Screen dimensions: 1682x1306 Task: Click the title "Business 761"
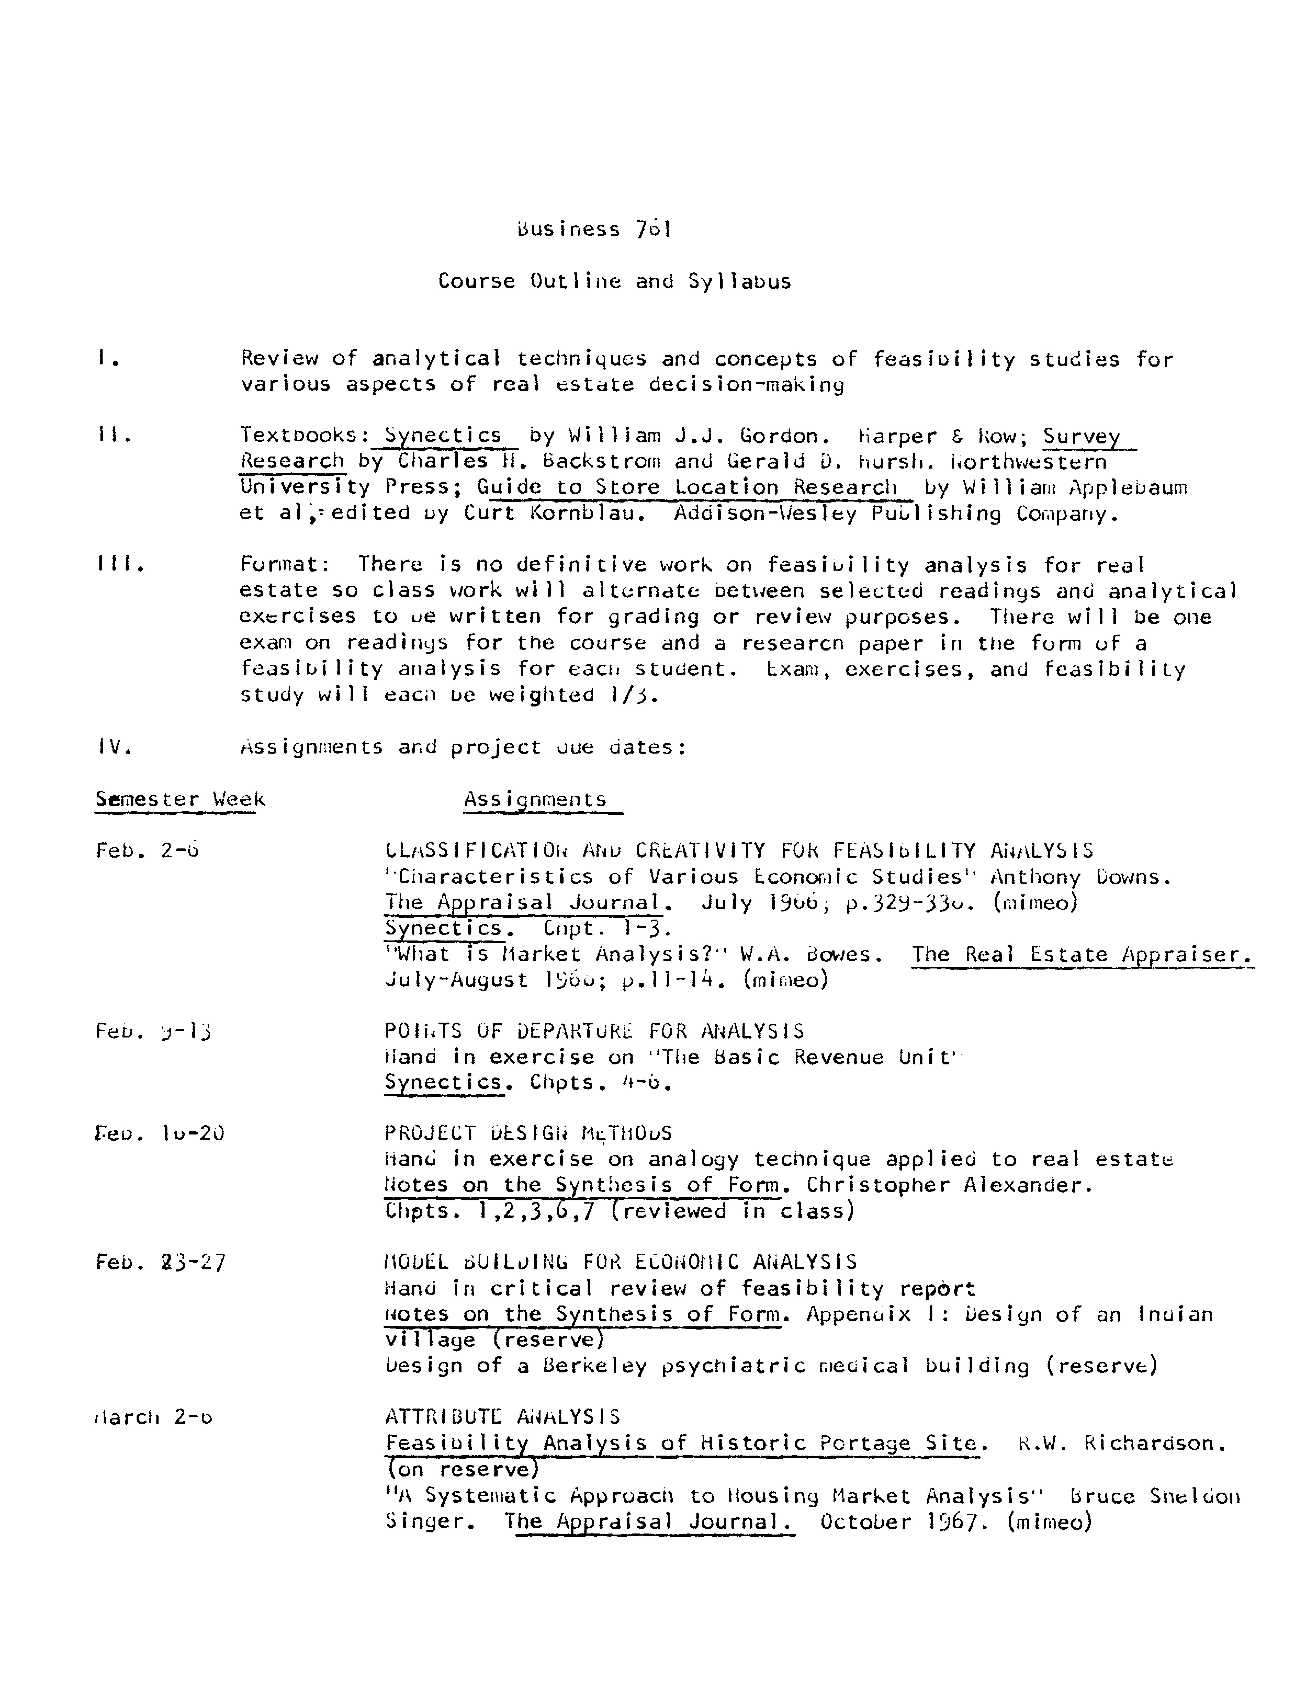[x=594, y=230]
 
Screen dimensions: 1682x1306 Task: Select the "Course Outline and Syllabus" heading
[x=614, y=281]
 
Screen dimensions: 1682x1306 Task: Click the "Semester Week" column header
[x=179, y=799]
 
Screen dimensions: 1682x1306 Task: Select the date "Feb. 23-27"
[x=160, y=1262]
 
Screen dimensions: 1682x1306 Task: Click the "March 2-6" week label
[x=153, y=1417]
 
